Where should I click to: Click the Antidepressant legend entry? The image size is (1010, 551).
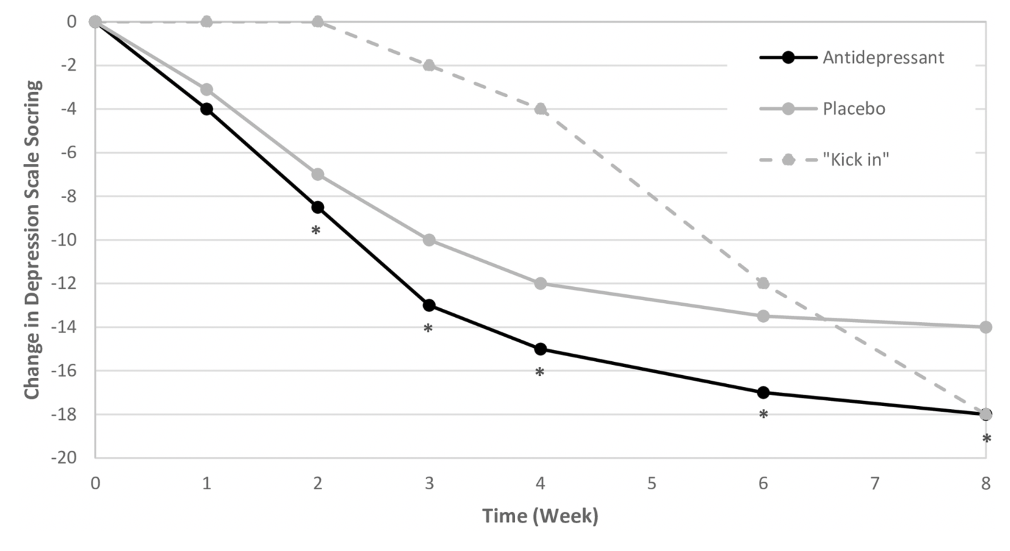click(852, 58)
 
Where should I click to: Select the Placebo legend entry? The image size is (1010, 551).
click(822, 108)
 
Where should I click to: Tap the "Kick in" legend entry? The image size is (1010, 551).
click(824, 159)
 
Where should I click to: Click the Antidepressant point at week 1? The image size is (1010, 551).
click(207, 109)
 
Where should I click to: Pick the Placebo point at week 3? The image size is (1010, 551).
click(429, 240)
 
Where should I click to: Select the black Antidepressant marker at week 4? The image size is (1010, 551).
click(540, 349)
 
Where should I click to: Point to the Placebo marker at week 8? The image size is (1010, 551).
click(986, 327)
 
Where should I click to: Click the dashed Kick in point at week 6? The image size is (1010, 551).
click(763, 283)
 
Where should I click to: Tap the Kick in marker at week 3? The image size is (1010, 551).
click(429, 66)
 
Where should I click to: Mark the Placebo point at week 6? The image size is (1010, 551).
click(763, 316)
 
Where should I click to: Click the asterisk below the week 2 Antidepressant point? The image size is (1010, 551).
click(316, 230)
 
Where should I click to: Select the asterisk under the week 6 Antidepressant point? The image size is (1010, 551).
click(763, 414)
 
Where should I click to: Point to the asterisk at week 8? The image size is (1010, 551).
click(987, 438)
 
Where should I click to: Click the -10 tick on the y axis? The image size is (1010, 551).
click(63, 240)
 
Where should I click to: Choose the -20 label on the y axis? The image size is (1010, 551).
click(63, 458)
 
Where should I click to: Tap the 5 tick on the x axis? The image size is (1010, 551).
click(652, 484)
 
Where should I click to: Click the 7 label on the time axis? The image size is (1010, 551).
click(874, 484)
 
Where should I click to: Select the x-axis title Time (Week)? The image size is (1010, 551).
click(540, 516)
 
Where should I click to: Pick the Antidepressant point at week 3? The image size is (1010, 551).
click(429, 305)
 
